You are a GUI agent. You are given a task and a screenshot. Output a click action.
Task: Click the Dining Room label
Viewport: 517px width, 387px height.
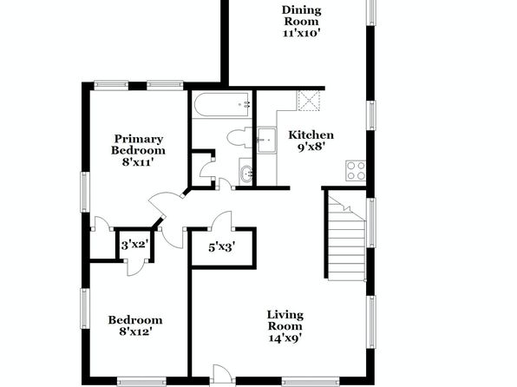(301, 16)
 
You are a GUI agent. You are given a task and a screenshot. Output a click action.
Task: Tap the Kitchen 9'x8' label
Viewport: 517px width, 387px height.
(311, 141)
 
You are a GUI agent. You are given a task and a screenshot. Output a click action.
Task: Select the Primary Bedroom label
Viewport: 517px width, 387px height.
(138, 145)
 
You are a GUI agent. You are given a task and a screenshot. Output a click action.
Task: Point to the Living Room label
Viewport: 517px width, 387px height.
(285, 320)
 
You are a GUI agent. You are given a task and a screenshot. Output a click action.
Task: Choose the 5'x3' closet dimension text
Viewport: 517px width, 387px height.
(221, 247)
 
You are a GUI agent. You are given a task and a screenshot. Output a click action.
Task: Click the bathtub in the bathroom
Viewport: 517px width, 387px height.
(221, 105)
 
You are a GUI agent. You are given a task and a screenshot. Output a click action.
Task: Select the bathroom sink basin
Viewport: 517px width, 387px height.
(246, 173)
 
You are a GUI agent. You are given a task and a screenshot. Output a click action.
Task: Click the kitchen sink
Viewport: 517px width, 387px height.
(267, 141)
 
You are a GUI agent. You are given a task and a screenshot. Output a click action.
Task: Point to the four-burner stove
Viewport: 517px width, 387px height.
(356, 171)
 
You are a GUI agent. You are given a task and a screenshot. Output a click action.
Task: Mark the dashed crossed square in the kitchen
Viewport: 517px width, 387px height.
(309, 101)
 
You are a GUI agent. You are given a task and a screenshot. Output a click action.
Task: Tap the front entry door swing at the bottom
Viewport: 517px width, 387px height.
(223, 375)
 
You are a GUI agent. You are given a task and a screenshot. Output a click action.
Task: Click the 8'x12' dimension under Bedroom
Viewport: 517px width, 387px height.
(135, 331)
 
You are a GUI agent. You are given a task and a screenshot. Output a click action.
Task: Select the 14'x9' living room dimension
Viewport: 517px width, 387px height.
(285, 338)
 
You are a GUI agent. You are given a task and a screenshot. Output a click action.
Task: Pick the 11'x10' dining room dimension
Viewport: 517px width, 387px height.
(301, 33)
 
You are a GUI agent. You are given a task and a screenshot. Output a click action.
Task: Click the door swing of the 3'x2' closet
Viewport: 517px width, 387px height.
(135, 268)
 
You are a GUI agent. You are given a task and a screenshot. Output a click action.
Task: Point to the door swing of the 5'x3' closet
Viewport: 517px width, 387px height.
(221, 220)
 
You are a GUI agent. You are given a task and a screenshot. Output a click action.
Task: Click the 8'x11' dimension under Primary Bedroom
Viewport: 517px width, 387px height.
(138, 161)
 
